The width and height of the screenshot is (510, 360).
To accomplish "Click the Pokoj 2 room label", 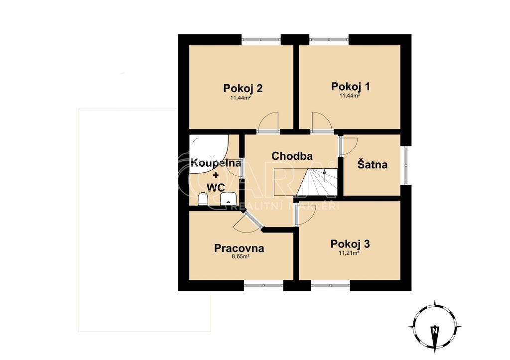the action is [x=243, y=88].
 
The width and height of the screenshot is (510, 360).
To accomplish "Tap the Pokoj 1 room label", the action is [x=350, y=87].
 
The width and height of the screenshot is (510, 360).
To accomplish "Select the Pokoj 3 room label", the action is [x=350, y=244].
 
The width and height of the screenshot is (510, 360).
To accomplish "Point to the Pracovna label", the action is [x=239, y=248].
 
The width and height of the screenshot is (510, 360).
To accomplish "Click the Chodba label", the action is [x=292, y=156].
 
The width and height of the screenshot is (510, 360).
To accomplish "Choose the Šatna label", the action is [x=373, y=164].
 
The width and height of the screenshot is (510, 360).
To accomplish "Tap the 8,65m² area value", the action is [x=241, y=256].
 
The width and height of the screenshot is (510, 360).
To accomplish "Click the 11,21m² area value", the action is [x=349, y=252].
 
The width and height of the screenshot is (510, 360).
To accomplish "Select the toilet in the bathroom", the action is [x=203, y=199].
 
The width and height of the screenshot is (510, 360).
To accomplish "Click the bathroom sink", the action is [x=228, y=198].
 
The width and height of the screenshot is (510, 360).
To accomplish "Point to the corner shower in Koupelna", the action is [x=210, y=151].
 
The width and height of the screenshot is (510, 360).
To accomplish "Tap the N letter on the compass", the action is [x=434, y=331].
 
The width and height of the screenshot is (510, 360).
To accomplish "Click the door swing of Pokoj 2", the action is [x=269, y=122].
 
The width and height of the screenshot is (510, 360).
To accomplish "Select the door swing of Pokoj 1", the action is [x=322, y=122].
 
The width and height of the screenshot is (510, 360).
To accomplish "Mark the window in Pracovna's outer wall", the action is [x=263, y=285].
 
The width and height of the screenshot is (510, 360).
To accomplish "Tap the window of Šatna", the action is [x=405, y=165].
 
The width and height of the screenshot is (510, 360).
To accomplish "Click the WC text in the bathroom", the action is [x=216, y=188].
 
